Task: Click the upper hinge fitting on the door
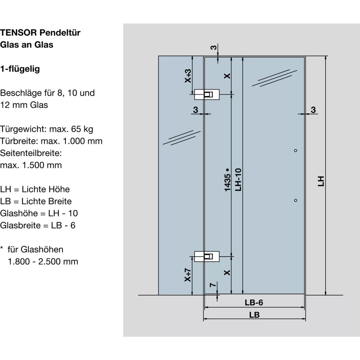[207, 94]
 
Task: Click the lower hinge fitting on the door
[207, 256]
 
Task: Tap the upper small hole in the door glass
[295, 150]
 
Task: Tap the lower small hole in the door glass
[295, 200]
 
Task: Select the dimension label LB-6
[254, 303]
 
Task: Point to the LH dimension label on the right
[321, 181]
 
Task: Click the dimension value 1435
[227, 182]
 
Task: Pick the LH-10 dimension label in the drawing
[238, 180]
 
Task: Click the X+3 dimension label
[188, 76]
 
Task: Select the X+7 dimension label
[188, 275]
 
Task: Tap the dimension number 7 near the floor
[213, 285]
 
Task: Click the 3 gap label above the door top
[213, 47]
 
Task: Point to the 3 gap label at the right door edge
[313, 110]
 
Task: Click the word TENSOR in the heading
[18, 33]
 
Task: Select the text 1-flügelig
[20, 69]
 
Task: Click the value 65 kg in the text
[82, 129]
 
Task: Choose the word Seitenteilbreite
[31, 153]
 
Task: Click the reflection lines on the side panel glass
[182, 137]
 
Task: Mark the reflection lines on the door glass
[275, 78]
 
